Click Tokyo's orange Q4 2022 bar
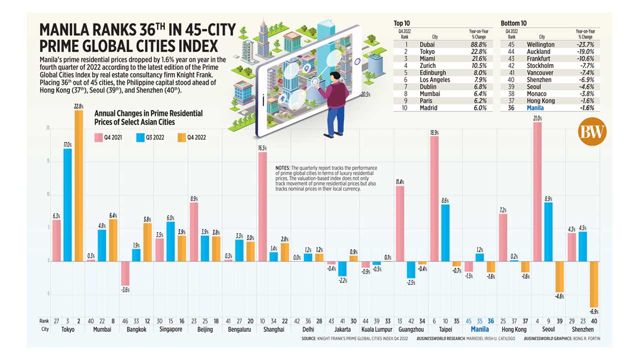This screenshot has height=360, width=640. [78, 185]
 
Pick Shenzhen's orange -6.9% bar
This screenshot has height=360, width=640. [593, 284]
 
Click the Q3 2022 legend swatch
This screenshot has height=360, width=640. [140, 137]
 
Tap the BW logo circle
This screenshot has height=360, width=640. [592, 132]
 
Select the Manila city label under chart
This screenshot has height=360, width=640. [480, 329]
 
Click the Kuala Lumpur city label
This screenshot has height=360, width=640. [375, 329]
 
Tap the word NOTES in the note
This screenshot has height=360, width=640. [283, 168]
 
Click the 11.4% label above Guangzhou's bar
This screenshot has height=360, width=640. [400, 182]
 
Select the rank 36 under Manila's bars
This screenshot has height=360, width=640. [491, 321]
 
